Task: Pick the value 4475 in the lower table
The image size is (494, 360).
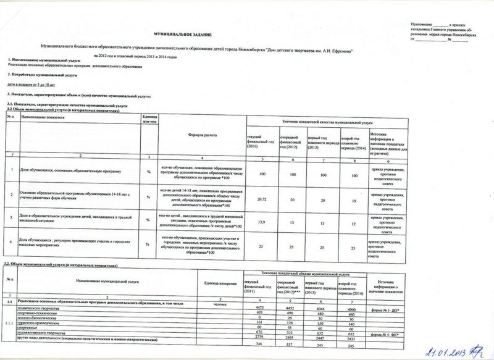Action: click(x=259, y=307)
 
